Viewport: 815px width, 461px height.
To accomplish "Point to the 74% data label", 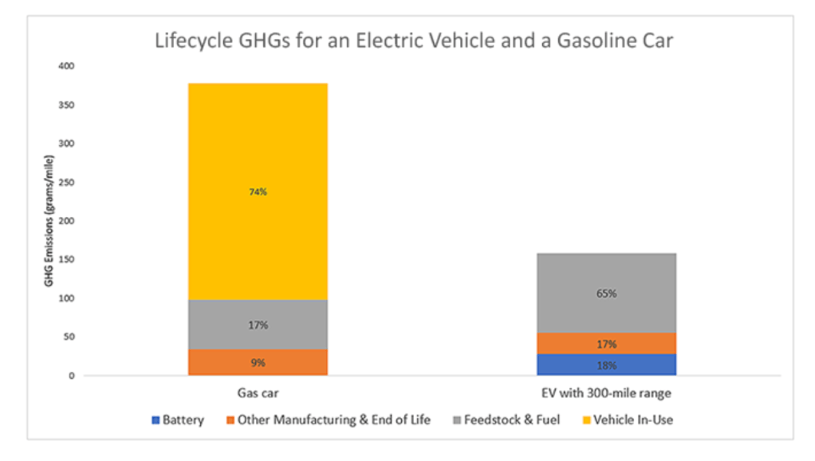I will (258, 192).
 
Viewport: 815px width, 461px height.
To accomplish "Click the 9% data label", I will (258, 363).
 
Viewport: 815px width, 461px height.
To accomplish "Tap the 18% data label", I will (607, 365).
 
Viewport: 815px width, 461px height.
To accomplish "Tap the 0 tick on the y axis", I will (71, 376).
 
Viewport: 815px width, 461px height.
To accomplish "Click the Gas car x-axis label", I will (258, 393).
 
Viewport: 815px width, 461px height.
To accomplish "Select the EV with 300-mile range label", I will (607, 393).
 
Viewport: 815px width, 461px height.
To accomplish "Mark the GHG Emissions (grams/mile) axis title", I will (49, 222).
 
